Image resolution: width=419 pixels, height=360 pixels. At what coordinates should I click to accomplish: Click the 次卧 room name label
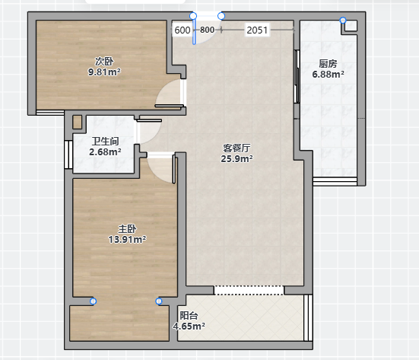[x=104, y=62]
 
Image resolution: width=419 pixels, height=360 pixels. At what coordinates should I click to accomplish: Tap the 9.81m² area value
[x=104, y=72]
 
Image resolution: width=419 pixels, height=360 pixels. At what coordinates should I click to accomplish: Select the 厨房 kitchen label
[x=328, y=64]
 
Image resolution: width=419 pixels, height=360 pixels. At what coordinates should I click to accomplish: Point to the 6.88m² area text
[x=328, y=74]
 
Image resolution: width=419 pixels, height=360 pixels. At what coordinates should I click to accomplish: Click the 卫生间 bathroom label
[x=105, y=142]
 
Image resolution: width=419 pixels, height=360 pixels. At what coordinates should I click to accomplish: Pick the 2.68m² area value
[x=105, y=152]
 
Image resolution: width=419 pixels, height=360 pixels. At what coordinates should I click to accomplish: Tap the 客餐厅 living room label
[x=236, y=148]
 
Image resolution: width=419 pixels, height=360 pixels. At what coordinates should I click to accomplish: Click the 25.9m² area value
[x=236, y=158]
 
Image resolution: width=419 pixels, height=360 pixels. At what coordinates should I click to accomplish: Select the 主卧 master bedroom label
[x=127, y=228]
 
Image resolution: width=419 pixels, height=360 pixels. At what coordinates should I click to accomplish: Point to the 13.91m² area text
[x=127, y=239]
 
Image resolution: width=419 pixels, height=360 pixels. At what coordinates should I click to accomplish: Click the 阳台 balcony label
[x=189, y=316]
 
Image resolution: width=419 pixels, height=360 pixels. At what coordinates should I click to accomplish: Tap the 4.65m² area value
[x=189, y=327]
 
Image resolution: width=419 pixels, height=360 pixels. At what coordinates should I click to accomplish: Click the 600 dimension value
[x=183, y=30]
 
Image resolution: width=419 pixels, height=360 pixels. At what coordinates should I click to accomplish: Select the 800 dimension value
[x=207, y=30]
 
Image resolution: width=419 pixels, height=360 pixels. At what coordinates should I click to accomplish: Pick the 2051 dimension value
[x=257, y=30]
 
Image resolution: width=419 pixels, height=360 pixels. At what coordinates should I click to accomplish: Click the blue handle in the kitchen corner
[x=343, y=20]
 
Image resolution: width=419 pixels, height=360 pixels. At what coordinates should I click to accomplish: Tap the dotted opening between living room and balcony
[x=249, y=290]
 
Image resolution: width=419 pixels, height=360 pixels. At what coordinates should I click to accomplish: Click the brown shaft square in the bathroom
[x=78, y=123]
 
